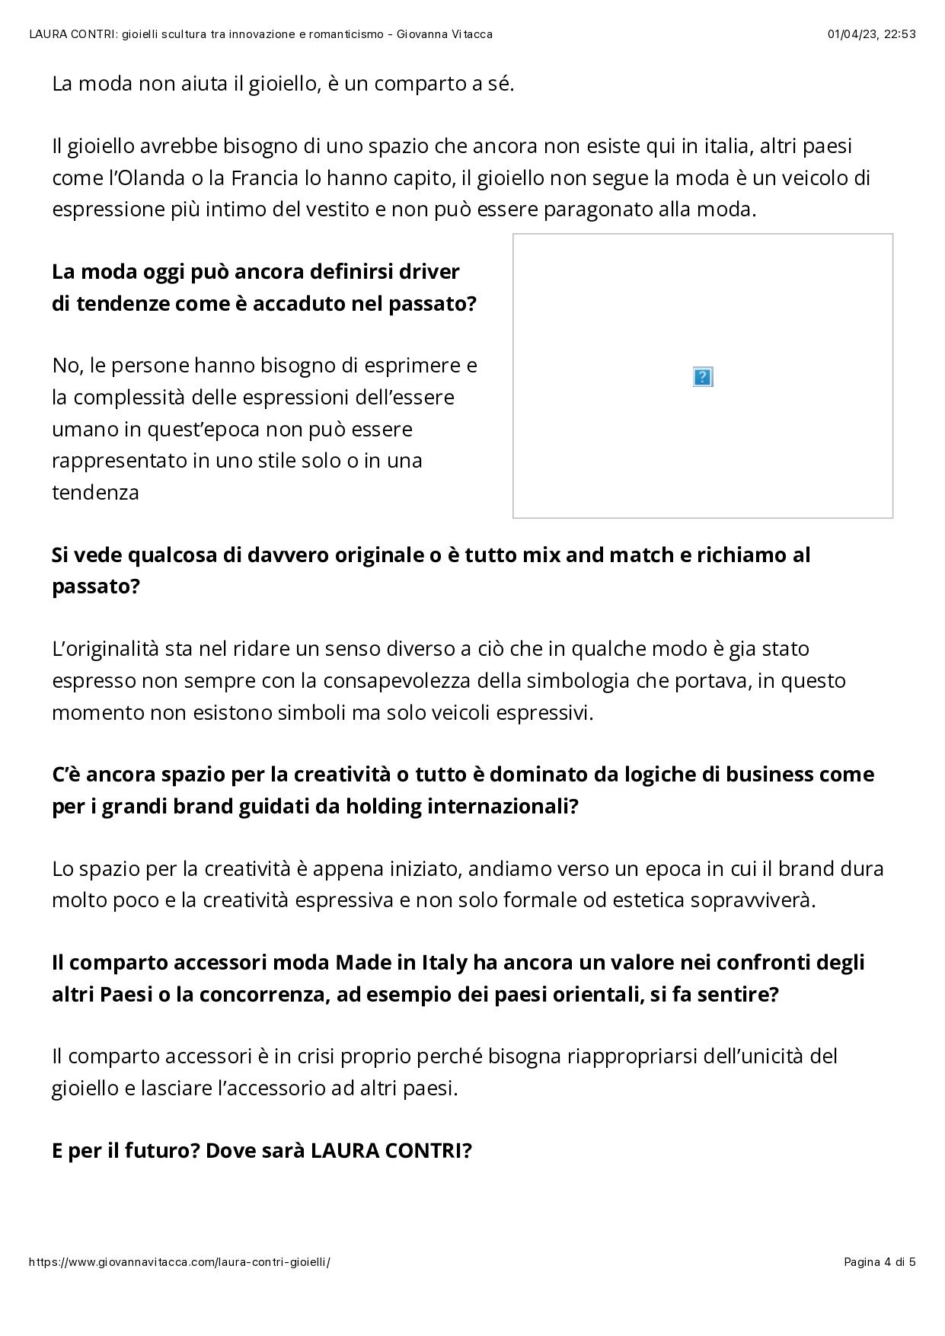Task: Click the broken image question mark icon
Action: pos(702,377)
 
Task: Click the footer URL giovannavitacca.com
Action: pos(179,1261)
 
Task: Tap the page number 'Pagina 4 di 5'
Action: pos(880,1261)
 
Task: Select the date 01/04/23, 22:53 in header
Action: pos(871,34)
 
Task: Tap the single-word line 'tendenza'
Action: pos(95,492)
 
